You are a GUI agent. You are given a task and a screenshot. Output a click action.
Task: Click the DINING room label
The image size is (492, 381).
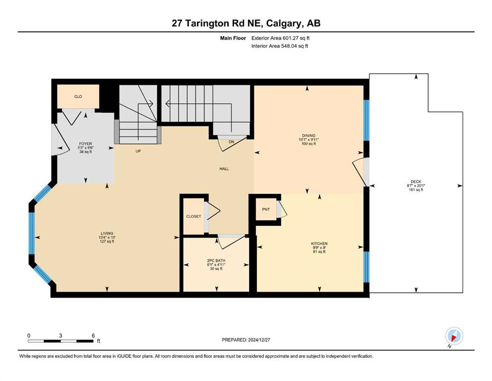[309, 136]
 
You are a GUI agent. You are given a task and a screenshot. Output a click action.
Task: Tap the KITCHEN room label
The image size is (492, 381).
[319, 244]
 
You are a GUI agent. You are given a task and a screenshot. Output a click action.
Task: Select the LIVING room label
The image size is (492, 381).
[107, 233]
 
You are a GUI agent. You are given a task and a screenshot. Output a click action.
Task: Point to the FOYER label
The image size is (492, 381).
[85, 144]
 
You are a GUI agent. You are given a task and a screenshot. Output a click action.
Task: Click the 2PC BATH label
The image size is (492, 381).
[216, 261]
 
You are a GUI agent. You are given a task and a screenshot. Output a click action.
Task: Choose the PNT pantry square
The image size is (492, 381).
[266, 209]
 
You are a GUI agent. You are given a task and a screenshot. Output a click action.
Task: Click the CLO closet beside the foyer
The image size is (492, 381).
[78, 97]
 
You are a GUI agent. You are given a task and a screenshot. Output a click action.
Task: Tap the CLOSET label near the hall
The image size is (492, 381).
[194, 216]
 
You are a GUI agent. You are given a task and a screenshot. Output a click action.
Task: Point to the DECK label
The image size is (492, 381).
[416, 182]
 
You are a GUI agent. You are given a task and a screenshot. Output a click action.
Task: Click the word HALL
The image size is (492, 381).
[224, 169]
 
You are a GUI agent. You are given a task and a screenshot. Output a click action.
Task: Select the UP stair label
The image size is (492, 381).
[138, 151]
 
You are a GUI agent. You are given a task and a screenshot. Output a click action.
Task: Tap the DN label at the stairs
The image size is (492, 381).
[231, 142]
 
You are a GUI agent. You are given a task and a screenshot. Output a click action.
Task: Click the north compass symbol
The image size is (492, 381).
[454, 336]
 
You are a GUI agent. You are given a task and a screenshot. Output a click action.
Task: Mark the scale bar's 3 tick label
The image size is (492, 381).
[60, 335]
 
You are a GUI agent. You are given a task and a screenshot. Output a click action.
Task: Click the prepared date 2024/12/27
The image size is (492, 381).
[259, 340]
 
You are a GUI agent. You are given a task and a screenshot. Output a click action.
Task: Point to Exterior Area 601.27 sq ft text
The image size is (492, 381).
[280, 38]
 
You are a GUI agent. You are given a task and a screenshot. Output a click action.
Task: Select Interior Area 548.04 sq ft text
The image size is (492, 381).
[279, 46]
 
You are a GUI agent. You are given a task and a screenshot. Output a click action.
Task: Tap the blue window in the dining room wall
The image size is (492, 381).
[367, 120]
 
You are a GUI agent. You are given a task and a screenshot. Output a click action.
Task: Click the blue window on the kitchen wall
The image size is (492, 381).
[367, 267]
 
